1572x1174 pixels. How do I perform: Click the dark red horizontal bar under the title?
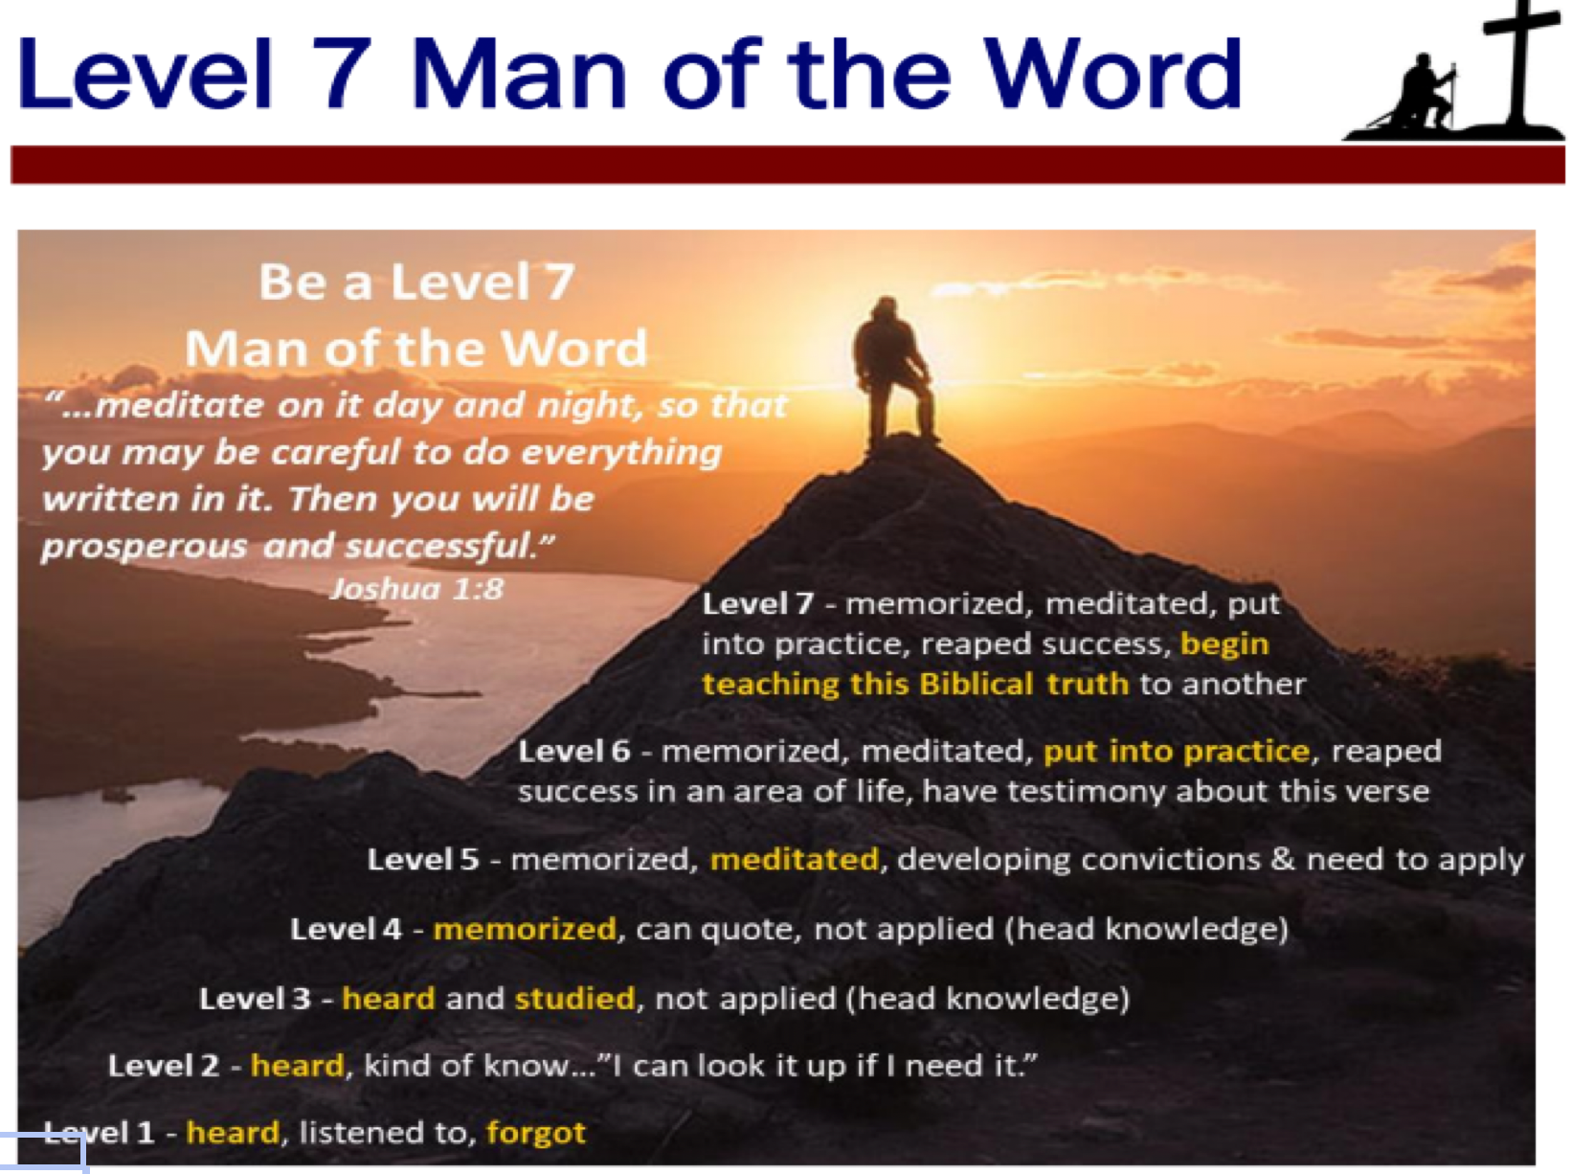click(x=788, y=164)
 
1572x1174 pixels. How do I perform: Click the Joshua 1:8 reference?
click(x=416, y=589)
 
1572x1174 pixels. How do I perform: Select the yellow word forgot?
click(x=536, y=1133)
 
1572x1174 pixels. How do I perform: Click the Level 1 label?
click(x=99, y=1133)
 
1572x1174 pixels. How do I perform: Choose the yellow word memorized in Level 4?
click(x=525, y=929)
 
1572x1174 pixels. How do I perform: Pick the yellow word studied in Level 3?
click(x=574, y=998)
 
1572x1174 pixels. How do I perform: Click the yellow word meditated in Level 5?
click(x=795, y=859)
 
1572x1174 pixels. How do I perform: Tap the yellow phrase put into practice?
click(x=1177, y=752)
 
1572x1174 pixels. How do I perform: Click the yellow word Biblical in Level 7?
click(x=977, y=684)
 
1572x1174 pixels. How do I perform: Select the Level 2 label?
click(x=164, y=1065)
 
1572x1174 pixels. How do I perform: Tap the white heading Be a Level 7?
click(x=416, y=282)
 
